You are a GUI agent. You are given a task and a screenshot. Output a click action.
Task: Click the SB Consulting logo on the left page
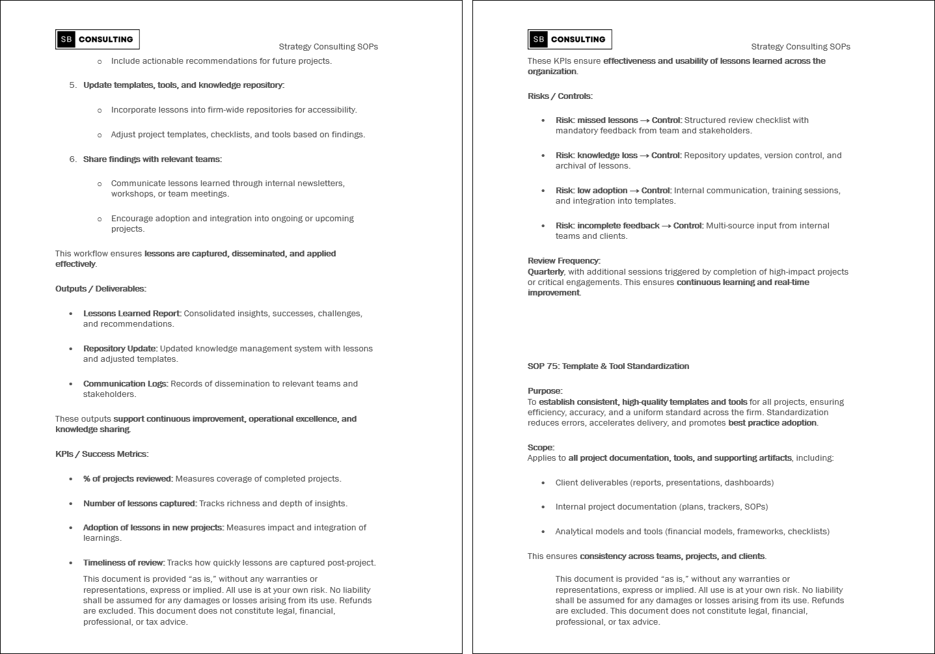coord(97,39)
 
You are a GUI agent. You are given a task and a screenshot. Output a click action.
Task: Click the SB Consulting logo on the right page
coord(569,39)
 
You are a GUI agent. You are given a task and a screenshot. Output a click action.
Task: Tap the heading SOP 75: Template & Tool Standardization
coord(608,366)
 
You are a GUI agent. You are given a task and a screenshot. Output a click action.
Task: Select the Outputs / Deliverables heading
coord(100,289)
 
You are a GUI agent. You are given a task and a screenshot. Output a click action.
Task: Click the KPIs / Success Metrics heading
coord(102,454)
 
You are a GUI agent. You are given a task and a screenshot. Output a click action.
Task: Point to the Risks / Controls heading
coord(560,96)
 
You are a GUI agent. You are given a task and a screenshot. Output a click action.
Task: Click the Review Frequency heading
coord(563,261)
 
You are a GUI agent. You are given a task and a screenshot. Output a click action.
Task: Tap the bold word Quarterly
coord(545,272)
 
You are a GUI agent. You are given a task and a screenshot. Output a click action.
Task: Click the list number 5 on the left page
coord(73,85)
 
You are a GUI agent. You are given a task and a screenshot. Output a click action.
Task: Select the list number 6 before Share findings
coord(73,159)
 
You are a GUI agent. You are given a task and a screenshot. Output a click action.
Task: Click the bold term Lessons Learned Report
coord(131,314)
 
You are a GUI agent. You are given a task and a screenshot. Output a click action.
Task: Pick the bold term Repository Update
coord(120,349)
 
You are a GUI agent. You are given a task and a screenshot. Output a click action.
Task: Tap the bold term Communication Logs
coord(125,384)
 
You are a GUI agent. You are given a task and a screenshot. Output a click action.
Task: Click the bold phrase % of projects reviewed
coord(128,479)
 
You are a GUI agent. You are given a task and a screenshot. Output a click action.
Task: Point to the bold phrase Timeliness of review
coord(124,563)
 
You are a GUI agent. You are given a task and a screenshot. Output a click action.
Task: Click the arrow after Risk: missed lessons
coord(645,120)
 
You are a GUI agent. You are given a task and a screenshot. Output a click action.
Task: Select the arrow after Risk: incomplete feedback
coord(666,226)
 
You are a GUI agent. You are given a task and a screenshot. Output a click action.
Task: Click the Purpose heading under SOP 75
coord(545,391)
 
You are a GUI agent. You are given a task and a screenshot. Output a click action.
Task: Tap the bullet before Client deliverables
coord(543,483)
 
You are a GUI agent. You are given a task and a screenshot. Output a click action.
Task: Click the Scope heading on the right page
coord(541,448)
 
